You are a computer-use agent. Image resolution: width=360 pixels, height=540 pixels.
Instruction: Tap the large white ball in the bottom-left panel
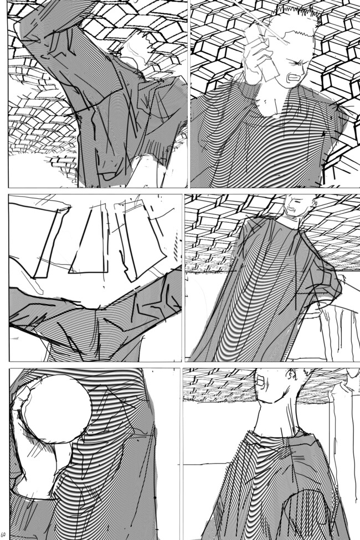58,409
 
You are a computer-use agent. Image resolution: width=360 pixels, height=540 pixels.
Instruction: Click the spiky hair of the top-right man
299,17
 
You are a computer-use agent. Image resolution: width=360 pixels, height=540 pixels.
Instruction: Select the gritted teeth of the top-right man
293,79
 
